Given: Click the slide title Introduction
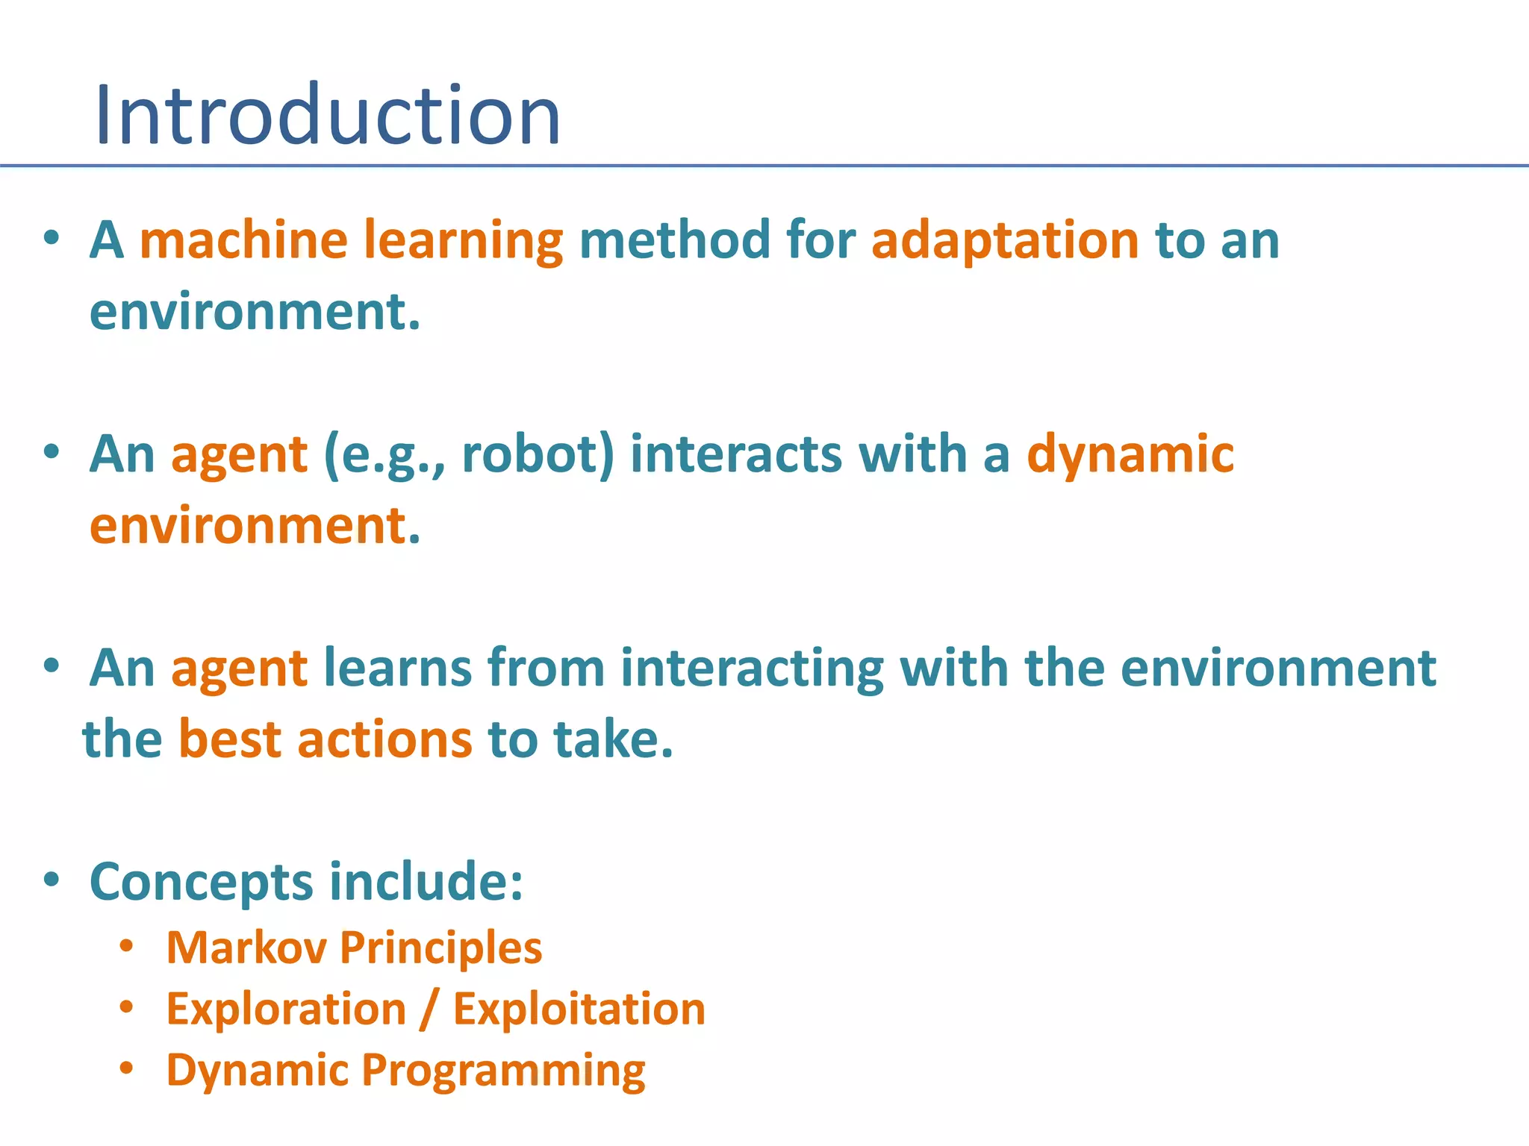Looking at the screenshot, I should coord(327,116).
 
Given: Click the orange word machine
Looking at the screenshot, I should coord(243,240).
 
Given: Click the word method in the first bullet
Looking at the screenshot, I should coord(675,240).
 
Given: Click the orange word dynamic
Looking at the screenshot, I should coord(1130,455).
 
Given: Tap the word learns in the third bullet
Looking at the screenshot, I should coord(397,667).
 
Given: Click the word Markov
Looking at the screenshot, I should coord(246,948).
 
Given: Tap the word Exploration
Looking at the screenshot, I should coord(286,1010).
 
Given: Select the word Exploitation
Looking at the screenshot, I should coord(579,1010).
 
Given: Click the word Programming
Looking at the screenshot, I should coord(503,1071).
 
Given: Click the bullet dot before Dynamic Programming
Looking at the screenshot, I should coord(127,1068).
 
